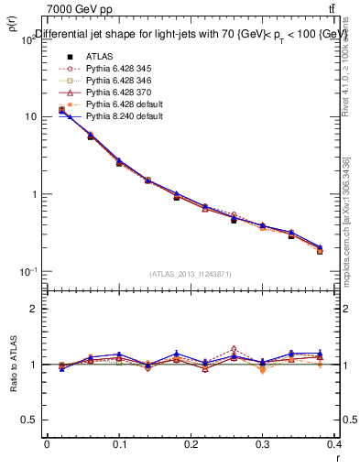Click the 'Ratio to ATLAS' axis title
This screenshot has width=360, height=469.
click(14, 365)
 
